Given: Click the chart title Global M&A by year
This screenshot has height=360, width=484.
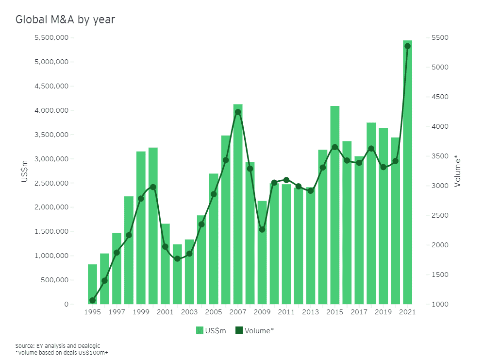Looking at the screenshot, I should (x=65, y=19).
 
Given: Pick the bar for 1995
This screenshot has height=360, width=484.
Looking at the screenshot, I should (x=92, y=287).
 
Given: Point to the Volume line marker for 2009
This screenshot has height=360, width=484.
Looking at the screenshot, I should (x=262, y=229).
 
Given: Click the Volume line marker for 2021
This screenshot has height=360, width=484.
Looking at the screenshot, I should (x=408, y=46).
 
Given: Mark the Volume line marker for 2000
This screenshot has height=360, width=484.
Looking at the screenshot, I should (x=153, y=187).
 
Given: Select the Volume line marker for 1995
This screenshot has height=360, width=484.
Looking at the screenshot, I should (x=92, y=300).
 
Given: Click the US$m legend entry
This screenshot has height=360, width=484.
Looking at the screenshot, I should (x=212, y=331).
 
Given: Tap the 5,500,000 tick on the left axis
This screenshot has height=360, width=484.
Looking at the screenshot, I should (x=51, y=38).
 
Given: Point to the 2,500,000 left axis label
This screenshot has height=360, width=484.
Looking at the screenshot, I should (x=51, y=183).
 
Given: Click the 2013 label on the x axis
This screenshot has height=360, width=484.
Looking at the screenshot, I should (x=311, y=312).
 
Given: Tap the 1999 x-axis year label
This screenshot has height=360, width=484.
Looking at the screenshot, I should (x=141, y=312).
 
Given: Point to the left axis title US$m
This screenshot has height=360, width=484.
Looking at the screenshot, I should (x=24, y=171).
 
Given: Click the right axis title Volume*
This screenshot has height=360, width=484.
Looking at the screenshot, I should (x=457, y=171).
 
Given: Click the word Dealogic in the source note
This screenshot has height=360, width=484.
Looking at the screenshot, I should (x=88, y=345).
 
